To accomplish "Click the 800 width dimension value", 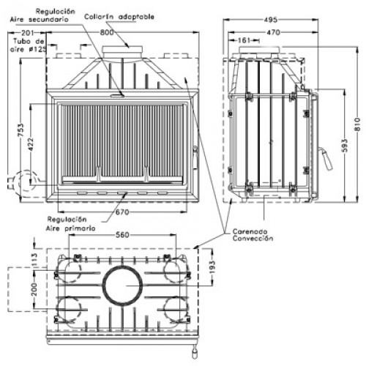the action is click(107, 32).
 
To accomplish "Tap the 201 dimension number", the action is click(27, 33).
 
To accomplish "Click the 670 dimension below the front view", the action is click(122, 212).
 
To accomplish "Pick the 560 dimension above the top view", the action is click(122, 235).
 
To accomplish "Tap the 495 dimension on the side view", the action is click(271, 20).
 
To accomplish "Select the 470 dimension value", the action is click(273, 32).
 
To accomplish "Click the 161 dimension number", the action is click(244, 40).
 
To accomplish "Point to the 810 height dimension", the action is click(357, 124).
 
